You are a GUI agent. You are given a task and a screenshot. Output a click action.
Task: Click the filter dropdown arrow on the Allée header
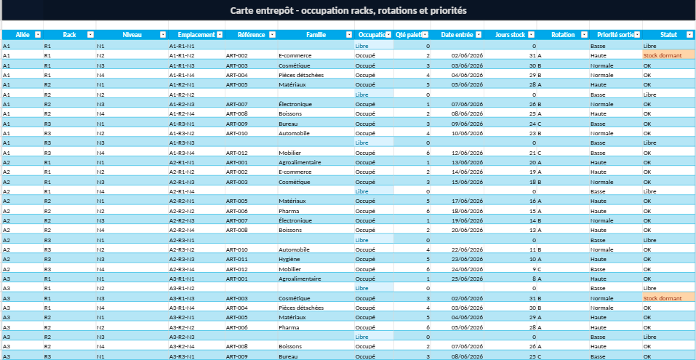tap(38, 35)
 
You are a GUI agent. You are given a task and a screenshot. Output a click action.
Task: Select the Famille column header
tap(316, 35)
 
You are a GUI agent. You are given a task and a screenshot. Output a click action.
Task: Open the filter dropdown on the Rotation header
tap(584, 35)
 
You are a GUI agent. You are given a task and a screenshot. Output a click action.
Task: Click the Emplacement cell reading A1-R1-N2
tap(182, 56)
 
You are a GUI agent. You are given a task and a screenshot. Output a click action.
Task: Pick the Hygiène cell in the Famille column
tap(289, 259)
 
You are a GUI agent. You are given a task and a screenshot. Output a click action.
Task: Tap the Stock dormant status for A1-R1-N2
tap(663, 56)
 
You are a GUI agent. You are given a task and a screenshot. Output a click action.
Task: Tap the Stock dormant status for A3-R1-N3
tap(663, 298)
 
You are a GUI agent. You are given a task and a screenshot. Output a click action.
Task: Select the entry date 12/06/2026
tap(467, 153)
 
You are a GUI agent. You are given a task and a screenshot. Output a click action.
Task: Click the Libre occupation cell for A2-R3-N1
tap(361, 240)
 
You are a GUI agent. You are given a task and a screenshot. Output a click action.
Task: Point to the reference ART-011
tap(236, 259)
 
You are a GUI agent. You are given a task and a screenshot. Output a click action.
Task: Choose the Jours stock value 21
tap(532, 153)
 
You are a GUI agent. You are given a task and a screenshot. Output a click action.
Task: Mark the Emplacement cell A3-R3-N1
tap(182, 356)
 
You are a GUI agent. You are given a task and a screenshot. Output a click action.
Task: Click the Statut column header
tap(668, 35)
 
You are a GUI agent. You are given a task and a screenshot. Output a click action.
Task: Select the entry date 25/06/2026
tap(467, 279)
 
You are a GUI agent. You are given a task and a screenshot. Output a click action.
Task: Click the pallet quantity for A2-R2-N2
tap(428, 211)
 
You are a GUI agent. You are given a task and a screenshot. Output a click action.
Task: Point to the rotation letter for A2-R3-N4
tap(540, 269)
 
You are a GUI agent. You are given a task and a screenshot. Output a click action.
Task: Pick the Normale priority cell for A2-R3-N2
tap(602, 249)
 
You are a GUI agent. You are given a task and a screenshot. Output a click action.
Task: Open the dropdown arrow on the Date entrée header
tap(478, 35)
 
